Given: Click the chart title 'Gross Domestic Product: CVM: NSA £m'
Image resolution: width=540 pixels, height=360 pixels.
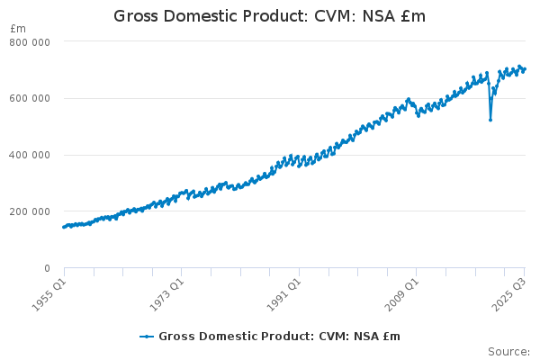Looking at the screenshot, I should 269,16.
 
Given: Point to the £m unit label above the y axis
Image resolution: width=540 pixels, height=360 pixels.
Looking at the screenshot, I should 18,29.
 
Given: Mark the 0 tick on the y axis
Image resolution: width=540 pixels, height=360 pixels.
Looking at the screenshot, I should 46,268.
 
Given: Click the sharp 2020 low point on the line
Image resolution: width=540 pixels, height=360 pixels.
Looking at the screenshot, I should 490,120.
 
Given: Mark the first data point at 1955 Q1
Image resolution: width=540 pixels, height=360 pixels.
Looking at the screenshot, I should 63,227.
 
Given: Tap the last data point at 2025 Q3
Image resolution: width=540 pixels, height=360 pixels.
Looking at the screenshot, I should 525,68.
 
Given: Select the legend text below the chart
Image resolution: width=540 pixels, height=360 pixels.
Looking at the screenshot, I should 279,337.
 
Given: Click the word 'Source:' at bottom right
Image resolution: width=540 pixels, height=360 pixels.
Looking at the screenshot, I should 508,352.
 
